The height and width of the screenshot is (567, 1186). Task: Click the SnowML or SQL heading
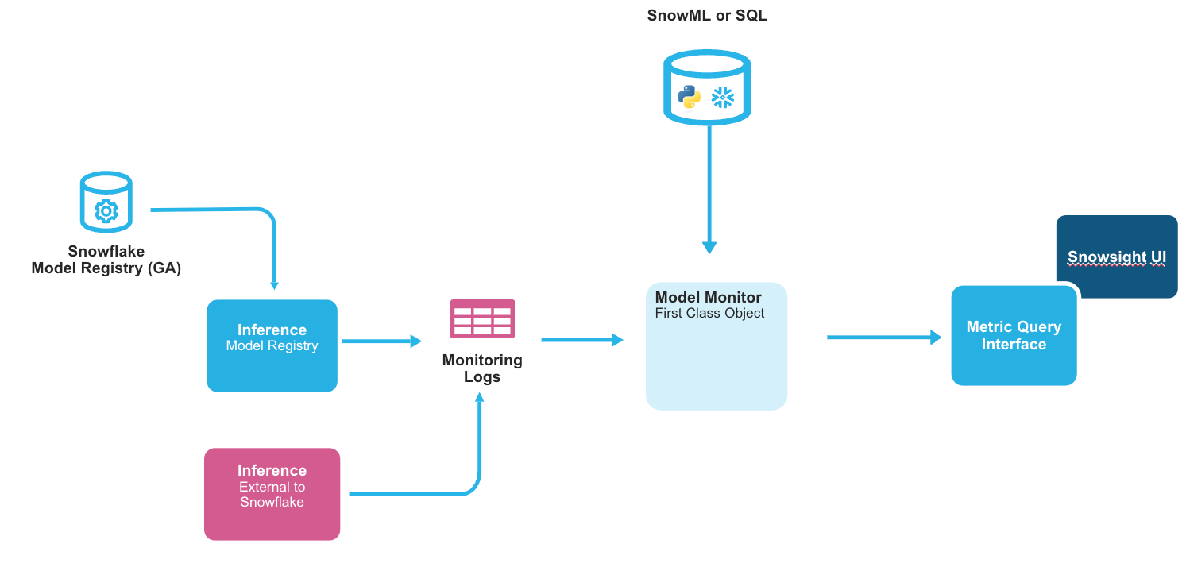point(707,15)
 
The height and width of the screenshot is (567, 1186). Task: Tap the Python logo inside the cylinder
point(689,98)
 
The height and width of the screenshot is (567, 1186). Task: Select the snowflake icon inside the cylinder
point(723,98)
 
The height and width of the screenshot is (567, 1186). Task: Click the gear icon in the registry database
point(106,210)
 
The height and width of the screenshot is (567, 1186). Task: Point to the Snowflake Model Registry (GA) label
point(106,260)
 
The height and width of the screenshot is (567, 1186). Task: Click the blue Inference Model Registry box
point(272,345)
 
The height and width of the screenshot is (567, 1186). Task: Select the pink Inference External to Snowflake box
point(272,494)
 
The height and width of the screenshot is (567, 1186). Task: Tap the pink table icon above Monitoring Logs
point(482,319)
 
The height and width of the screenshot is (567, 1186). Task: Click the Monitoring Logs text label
point(482,368)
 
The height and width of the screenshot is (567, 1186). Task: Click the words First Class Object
point(709,314)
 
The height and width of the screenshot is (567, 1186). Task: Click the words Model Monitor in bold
point(708,298)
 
